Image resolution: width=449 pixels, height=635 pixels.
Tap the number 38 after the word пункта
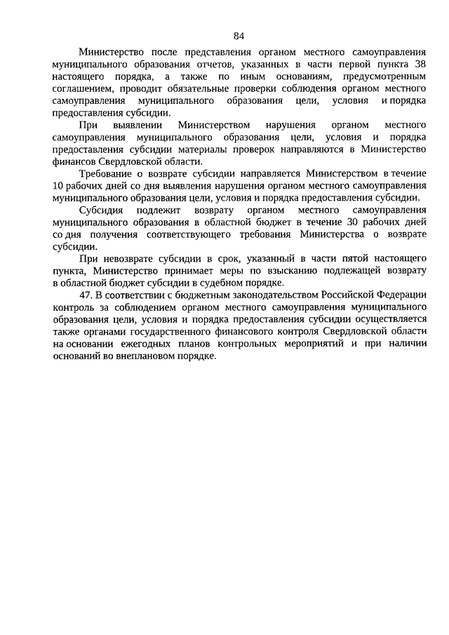(x=419, y=63)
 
